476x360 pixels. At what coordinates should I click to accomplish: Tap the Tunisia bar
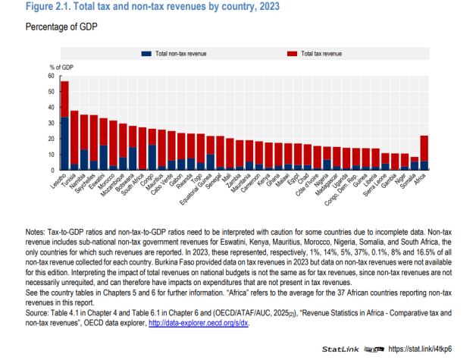pos(74,133)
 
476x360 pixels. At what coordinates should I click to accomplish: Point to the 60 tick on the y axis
pos(52,76)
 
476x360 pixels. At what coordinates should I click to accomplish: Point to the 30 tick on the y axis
pos(52,123)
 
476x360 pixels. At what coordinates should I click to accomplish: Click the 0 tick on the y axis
pos(53,170)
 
